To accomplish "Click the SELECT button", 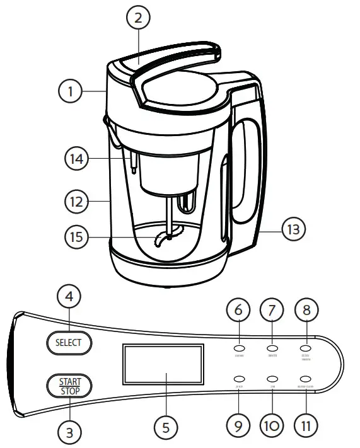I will pyautogui.click(x=68, y=343).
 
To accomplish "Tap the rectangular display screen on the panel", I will pyautogui.click(x=163, y=366).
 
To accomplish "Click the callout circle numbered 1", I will pyautogui.click(x=71, y=91).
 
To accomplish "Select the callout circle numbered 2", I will pyautogui.click(x=137, y=18).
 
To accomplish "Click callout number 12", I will pyautogui.click(x=76, y=202).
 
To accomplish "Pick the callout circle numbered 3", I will pyautogui.click(x=71, y=432).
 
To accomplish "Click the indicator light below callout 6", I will pyautogui.click(x=240, y=348).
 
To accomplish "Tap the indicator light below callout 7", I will pyautogui.click(x=273, y=348).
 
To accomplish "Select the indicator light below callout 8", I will pyautogui.click(x=306, y=347).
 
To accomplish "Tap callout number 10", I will pyautogui.click(x=272, y=427).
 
